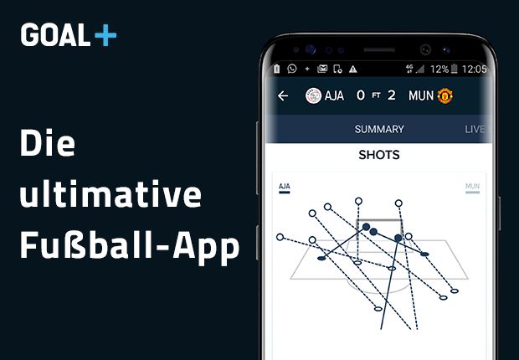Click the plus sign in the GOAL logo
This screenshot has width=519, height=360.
106,35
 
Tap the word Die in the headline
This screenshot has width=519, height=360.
48,144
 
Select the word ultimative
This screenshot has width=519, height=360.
110,195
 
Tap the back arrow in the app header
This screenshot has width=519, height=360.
283,95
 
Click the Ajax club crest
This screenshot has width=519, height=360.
313,95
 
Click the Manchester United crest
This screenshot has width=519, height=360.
445,95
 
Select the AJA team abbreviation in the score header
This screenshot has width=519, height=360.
335,95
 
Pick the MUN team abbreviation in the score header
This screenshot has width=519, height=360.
421,95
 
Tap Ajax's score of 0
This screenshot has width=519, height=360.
360,95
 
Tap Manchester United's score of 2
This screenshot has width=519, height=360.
391,95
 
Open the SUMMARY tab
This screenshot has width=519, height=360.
378,129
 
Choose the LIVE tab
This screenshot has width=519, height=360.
475,129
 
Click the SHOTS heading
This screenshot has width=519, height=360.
378,155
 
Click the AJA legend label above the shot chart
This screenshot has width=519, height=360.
284,186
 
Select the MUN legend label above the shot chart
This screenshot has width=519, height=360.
472,186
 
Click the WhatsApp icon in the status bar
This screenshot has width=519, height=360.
292,69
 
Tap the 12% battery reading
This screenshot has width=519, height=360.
439,69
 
